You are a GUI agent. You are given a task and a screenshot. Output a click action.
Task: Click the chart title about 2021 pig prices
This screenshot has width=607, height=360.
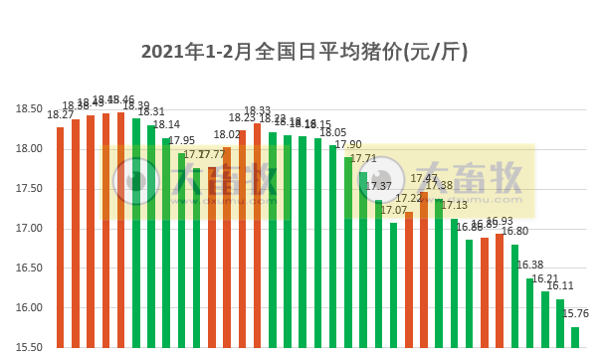[x=303, y=51]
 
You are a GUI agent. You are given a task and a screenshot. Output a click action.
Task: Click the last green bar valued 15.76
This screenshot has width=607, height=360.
[x=575, y=337]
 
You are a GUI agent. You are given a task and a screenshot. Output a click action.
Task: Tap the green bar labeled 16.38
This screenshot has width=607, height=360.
[x=530, y=312]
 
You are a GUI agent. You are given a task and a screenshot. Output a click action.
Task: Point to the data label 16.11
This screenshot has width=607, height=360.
[x=560, y=285]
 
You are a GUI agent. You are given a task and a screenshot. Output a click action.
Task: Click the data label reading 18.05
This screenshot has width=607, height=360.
[x=333, y=132]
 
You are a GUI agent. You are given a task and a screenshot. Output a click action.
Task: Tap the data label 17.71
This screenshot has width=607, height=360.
[x=364, y=159]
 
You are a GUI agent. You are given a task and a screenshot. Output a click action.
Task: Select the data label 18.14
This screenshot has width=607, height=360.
[x=167, y=125]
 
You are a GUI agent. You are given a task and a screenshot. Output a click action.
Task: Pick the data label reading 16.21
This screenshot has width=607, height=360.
[x=545, y=279]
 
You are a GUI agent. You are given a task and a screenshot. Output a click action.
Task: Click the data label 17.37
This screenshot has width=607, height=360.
[x=379, y=186]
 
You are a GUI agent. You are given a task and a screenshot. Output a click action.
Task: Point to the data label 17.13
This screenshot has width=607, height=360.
[x=455, y=205]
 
